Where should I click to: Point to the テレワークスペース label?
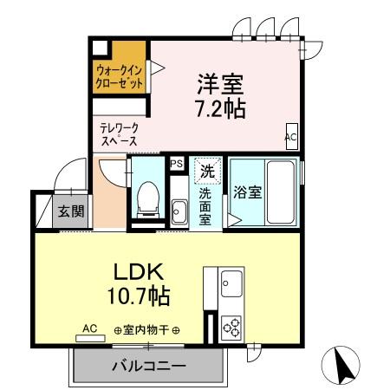point(120,133)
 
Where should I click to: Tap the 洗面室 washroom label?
point(206,207)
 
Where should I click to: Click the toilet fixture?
point(146,199)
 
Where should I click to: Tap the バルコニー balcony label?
point(148,367)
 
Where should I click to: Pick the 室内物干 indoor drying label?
point(147,330)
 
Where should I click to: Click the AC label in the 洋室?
point(291,137)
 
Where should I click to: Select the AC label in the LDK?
point(89,328)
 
